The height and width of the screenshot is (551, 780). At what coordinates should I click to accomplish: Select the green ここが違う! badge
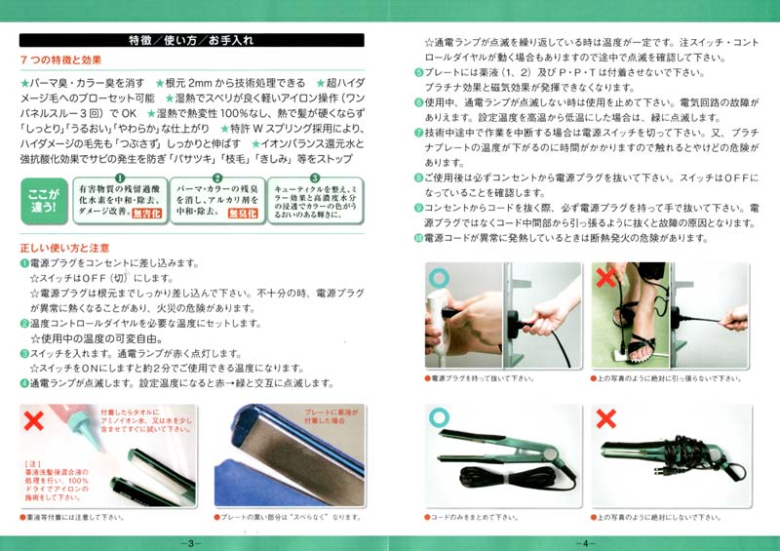[44, 198]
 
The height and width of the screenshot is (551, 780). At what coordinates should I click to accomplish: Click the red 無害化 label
[145, 213]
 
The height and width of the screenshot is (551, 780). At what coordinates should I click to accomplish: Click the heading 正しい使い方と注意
[64, 248]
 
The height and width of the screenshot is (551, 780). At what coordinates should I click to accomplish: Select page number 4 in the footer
[586, 542]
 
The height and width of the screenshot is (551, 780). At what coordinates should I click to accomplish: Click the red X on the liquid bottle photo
[34, 421]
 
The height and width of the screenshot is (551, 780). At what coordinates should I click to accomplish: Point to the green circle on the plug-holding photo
[438, 279]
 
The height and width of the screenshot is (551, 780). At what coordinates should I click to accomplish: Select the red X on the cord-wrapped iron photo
[605, 418]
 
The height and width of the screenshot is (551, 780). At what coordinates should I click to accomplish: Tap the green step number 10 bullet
[418, 238]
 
